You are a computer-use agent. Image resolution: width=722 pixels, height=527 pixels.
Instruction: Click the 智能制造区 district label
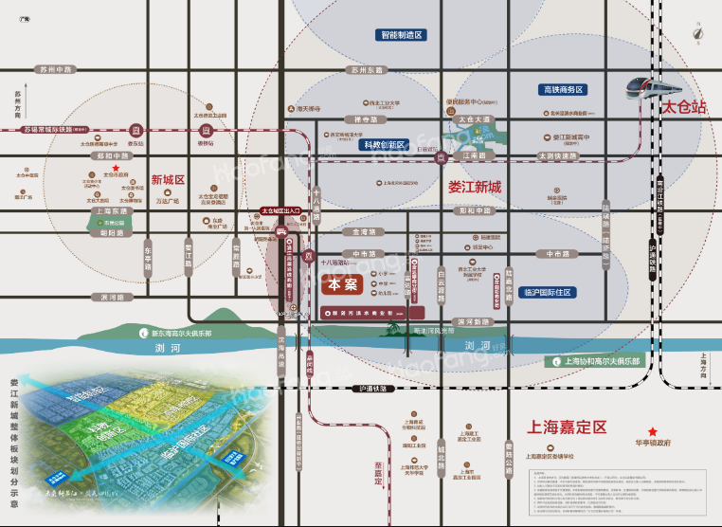[401, 34]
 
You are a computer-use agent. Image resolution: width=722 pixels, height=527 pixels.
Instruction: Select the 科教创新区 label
[384, 145]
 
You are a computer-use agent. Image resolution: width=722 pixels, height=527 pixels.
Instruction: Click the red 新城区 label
[168, 179]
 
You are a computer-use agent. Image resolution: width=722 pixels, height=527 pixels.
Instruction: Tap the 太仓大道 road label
[475, 119]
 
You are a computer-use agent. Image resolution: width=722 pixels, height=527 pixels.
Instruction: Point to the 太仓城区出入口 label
[280, 213]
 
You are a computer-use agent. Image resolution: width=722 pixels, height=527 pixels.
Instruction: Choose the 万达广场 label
[167, 201]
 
